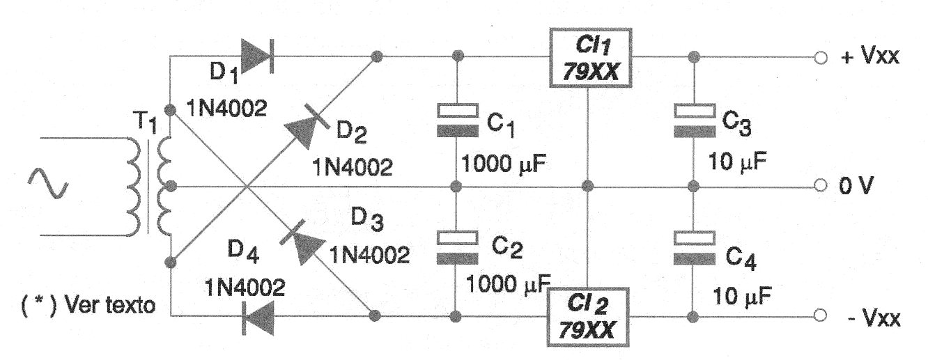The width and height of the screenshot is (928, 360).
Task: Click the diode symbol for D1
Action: click(x=256, y=55)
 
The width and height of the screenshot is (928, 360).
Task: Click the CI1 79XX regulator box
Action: click(x=589, y=58)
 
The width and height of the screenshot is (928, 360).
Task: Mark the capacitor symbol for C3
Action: click(x=693, y=119)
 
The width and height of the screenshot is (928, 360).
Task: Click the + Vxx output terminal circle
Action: click(x=820, y=58)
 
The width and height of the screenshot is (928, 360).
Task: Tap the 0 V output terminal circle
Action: click(x=820, y=187)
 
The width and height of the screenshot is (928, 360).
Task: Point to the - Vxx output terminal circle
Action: click(x=820, y=317)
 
